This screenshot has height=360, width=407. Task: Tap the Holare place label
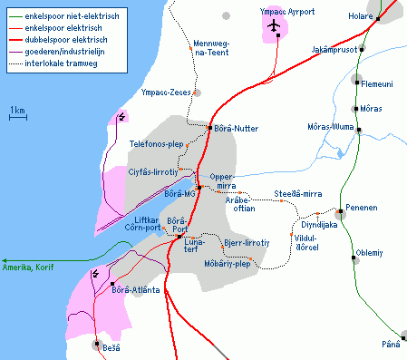[361, 15]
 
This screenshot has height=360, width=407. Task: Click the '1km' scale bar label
[17, 111]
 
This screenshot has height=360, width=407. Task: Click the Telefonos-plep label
[157, 144]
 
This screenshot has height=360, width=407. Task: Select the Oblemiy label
[370, 253]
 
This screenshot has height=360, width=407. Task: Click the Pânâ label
[390, 345]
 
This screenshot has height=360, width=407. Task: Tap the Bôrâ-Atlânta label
[135, 290]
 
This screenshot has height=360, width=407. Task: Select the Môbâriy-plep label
[228, 264]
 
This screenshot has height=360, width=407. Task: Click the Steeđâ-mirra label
[298, 194]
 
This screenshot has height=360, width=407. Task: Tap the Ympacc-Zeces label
[165, 92]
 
